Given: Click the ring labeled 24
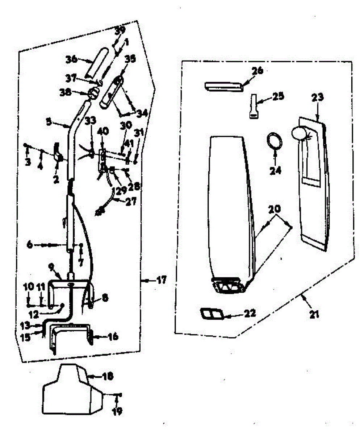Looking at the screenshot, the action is click(x=275, y=141).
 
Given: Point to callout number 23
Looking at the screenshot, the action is click(x=317, y=98).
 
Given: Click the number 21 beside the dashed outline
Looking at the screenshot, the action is click(x=314, y=314).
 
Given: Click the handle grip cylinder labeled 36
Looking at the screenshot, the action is click(x=99, y=67).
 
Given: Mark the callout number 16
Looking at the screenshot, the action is click(x=113, y=337).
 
